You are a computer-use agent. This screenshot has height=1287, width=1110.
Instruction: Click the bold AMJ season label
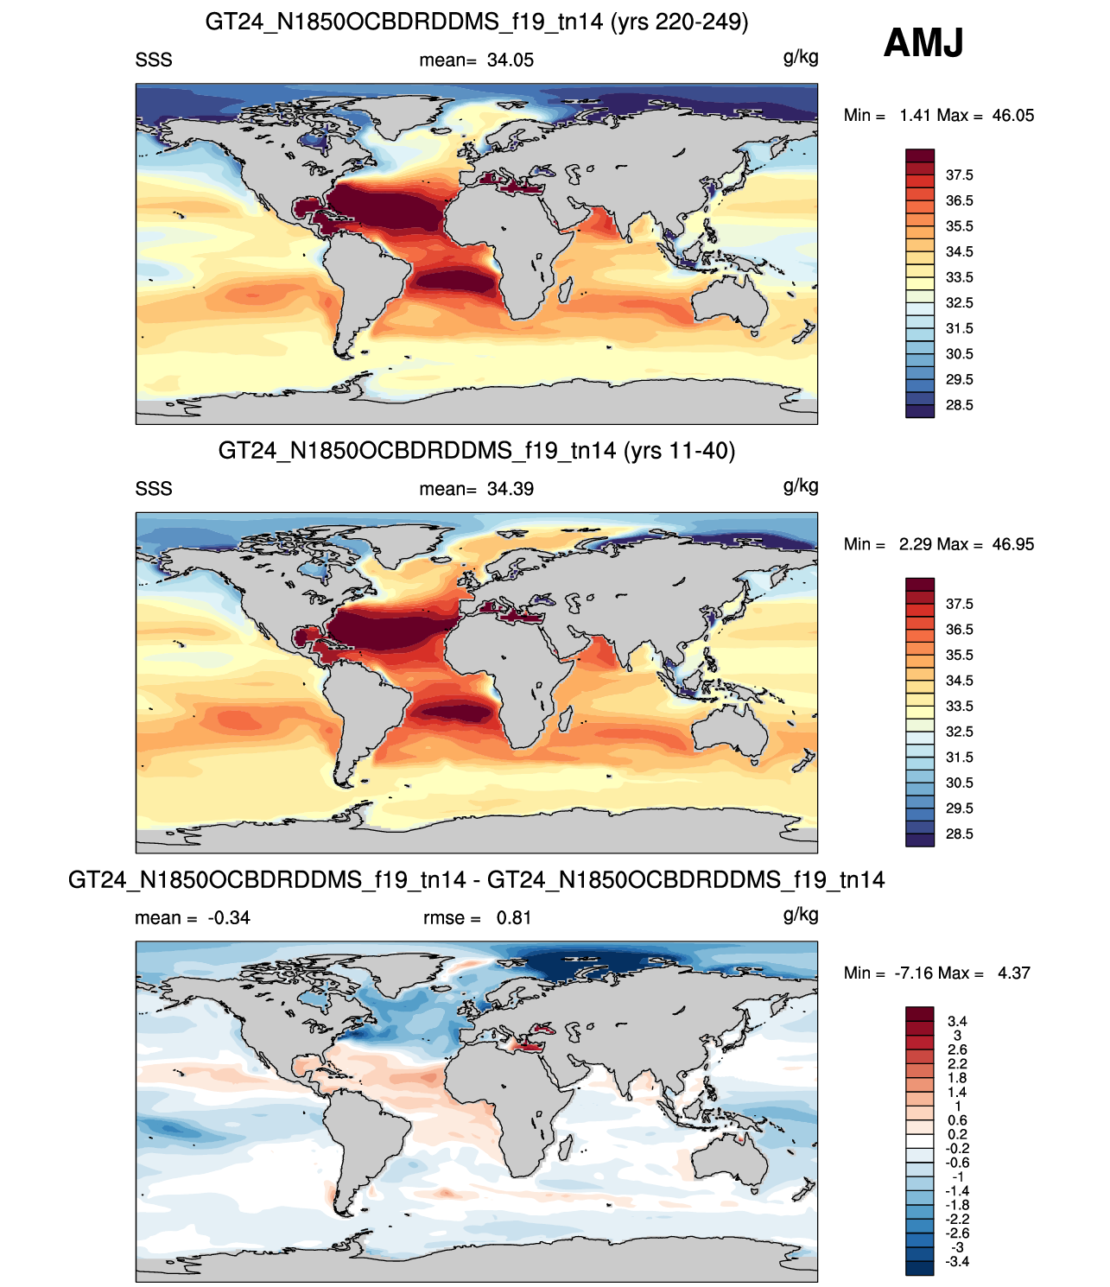pyautogui.click(x=923, y=42)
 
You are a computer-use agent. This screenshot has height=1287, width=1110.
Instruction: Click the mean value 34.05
pyautogui.click(x=510, y=60)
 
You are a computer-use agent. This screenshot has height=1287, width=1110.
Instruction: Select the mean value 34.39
pyautogui.click(x=510, y=490)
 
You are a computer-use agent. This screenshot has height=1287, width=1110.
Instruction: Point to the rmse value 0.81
pyautogui.click(x=514, y=918)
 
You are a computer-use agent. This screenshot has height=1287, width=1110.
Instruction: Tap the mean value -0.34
pyautogui.click(x=228, y=918)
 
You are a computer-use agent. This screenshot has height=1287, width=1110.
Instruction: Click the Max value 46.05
pyautogui.click(x=1013, y=116)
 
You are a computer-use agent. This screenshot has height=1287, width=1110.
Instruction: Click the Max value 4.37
pyautogui.click(x=1013, y=973)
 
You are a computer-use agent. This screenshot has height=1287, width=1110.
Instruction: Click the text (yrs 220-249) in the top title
pyautogui.click(x=679, y=22)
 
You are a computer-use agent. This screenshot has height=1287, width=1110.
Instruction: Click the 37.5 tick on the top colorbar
pyautogui.click(x=960, y=175)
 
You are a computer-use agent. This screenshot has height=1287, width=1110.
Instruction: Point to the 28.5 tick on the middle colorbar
pyautogui.click(x=960, y=834)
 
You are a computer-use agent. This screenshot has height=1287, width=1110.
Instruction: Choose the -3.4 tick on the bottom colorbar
pyautogui.click(x=957, y=1262)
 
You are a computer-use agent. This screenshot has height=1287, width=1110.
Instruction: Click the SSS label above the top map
pyautogui.click(x=154, y=60)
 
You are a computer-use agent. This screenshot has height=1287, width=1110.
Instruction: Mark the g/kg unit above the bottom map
pyautogui.click(x=801, y=916)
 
